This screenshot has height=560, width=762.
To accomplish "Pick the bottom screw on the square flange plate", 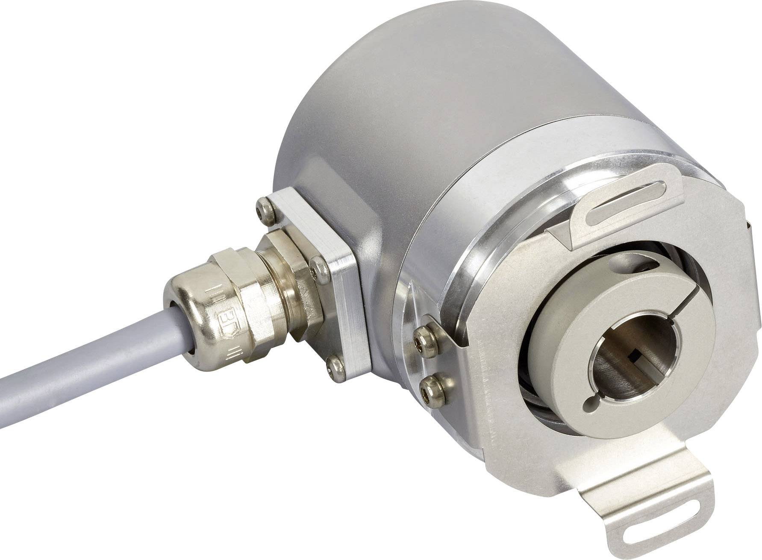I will (334, 365).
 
